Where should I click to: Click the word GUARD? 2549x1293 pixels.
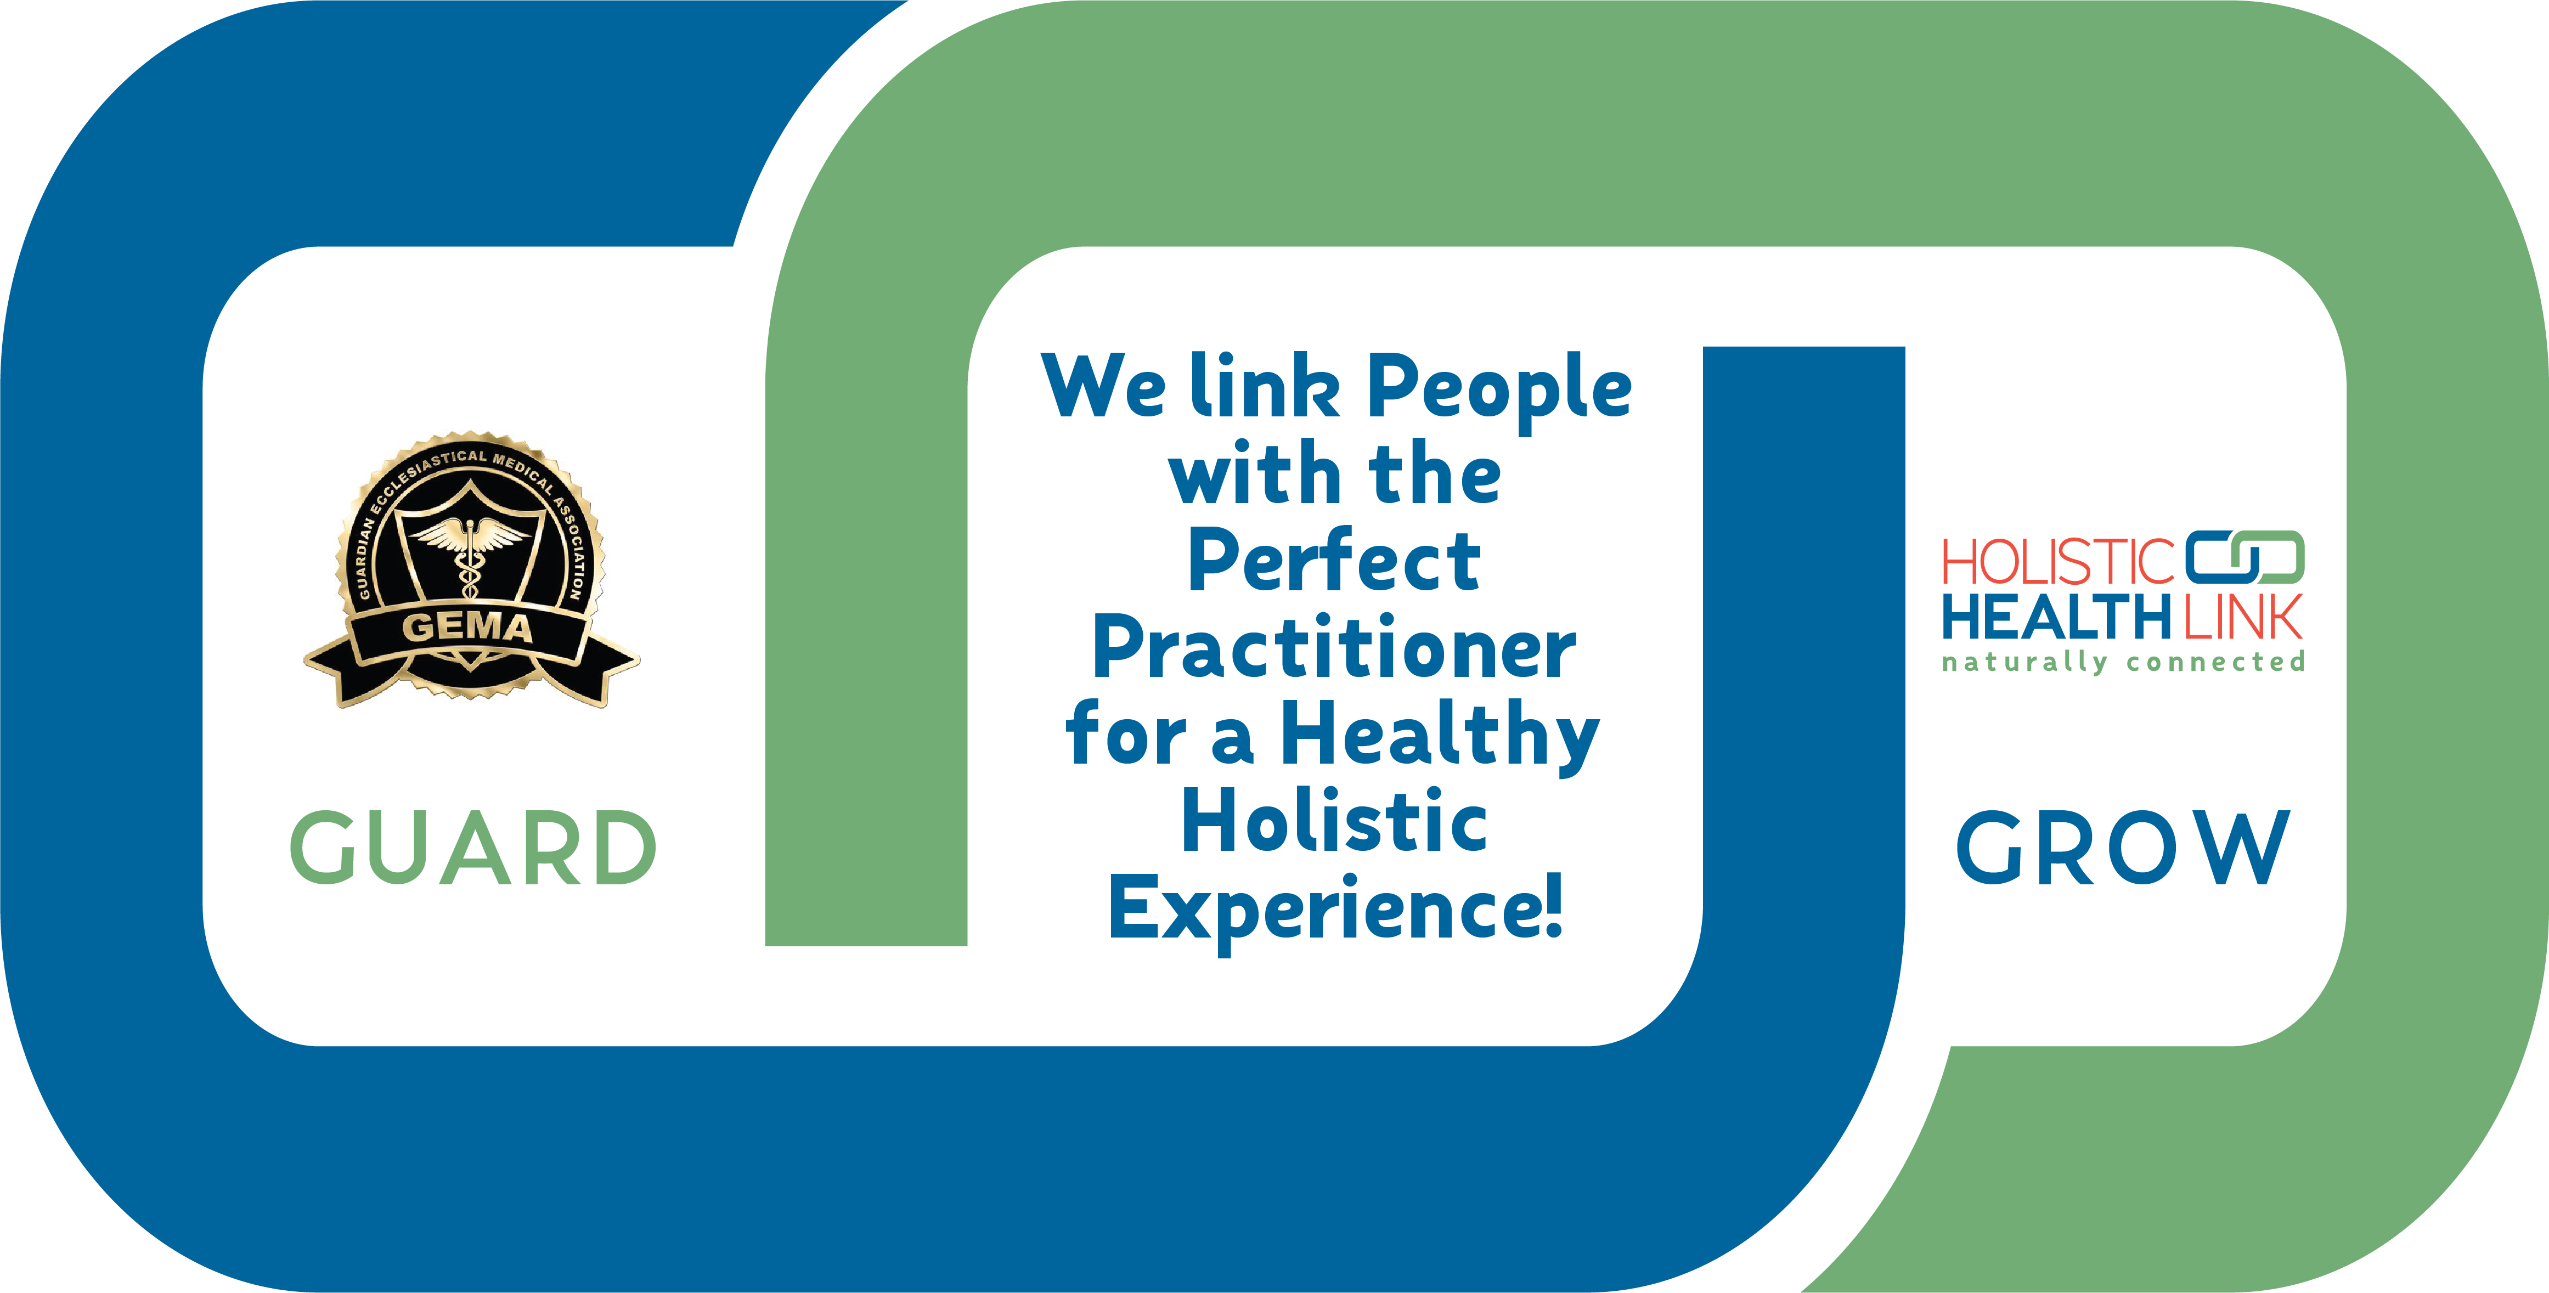(473, 847)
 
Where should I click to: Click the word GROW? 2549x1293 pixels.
(2123, 847)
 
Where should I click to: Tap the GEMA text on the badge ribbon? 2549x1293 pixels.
(467, 627)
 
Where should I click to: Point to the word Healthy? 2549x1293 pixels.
(1441, 737)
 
